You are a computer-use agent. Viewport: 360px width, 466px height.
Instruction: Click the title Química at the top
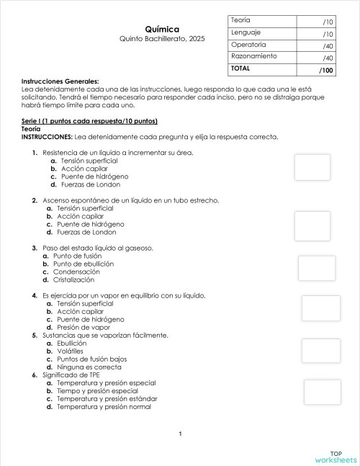point(162,28)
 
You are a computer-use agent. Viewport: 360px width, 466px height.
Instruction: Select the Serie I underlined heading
point(89,120)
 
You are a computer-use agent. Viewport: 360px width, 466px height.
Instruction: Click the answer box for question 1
point(312,166)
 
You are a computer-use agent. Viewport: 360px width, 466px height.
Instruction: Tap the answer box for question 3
point(317,268)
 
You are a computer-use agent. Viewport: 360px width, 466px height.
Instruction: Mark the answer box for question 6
point(322,392)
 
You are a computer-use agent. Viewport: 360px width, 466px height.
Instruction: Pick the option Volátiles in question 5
point(71,351)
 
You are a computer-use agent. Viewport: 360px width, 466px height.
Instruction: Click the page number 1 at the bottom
point(180,433)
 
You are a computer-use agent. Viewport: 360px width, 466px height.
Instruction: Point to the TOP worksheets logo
point(336,457)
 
